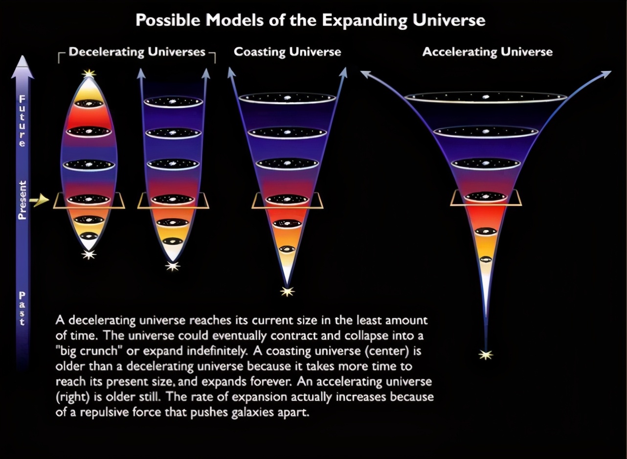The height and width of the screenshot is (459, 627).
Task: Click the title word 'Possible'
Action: pyautogui.click(x=168, y=21)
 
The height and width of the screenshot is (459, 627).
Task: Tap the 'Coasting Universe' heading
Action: pyautogui.click(x=288, y=52)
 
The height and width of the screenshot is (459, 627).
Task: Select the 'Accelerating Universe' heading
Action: pyautogui.click(x=487, y=52)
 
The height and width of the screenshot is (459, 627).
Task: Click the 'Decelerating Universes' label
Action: pyautogui.click(x=137, y=52)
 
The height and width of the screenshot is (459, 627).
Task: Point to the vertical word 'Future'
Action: pyautogui.click(x=22, y=121)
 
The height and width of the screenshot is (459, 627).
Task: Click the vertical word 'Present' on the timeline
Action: pyautogui.click(x=22, y=200)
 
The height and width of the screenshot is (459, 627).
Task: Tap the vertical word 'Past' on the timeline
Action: pyautogui.click(x=22, y=308)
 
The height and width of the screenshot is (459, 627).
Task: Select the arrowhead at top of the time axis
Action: pyautogui.click(x=22, y=67)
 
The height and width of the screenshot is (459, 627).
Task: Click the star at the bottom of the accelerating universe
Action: pyautogui.click(x=486, y=355)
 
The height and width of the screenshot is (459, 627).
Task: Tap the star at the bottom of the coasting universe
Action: pyautogui.click(x=287, y=292)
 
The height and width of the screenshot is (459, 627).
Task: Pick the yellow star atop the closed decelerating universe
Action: pyautogui.click(x=89, y=74)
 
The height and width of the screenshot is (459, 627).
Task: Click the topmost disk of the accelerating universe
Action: pyautogui.click(x=486, y=98)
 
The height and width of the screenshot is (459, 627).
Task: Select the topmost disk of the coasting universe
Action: pyautogui.click(x=287, y=99)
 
